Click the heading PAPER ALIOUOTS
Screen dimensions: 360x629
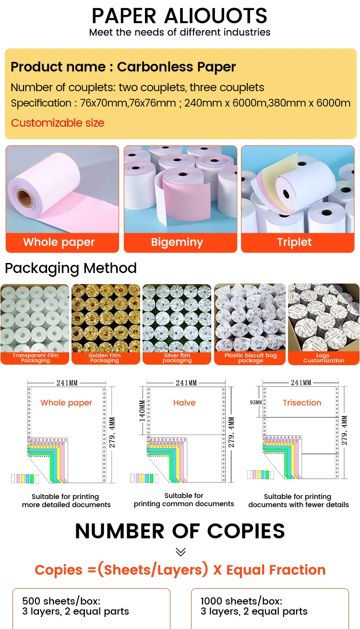(180, 15)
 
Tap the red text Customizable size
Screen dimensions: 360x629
(58, 123)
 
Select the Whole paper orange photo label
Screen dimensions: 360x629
(59, 242)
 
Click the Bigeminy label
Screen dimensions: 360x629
(177, 242)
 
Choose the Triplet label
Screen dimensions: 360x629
(294, 242)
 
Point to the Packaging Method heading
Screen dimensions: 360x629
(71, 268)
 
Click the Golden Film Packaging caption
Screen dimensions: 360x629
(105, 358)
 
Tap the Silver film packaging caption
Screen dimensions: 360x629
(177, 358)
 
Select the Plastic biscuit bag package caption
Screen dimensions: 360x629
(250, 358)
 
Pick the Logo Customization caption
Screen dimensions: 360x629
(324, 358)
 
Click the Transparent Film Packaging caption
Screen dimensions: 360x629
(36, 358)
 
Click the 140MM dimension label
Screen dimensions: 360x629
(142, 411)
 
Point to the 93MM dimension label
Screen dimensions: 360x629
(255, 402)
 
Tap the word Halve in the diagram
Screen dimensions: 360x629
(184, 403)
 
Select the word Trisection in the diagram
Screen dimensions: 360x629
(302, 403)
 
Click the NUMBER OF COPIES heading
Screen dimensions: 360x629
(180, 531)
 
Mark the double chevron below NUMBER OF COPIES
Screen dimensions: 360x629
(180, 552)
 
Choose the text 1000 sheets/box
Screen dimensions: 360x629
(241, 601)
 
